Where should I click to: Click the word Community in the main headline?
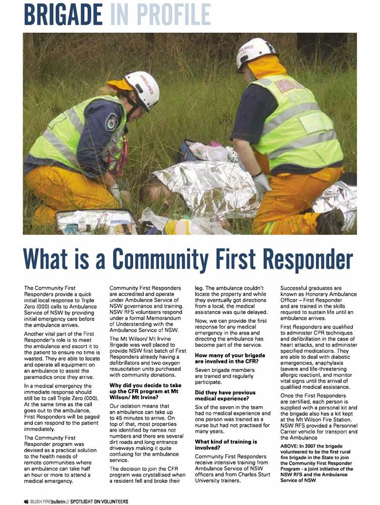click(x=172, y=260)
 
